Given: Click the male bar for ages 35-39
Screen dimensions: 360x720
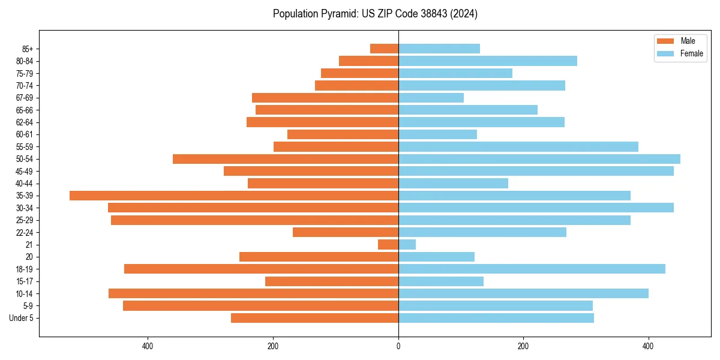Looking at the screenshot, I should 234,196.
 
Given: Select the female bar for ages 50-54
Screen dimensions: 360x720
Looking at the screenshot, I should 539,159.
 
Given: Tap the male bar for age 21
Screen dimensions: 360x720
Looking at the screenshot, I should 388,244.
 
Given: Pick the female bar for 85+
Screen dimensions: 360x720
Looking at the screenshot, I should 439,49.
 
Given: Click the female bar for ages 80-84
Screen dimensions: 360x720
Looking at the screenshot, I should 487,61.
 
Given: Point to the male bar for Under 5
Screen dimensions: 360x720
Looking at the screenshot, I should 314,318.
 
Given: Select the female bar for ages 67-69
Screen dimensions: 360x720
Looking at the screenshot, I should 431,98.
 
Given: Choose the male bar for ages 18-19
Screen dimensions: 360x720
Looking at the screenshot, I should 261,269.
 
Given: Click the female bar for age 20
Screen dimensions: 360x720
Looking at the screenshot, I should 436,257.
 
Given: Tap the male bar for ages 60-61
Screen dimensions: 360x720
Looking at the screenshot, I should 343,134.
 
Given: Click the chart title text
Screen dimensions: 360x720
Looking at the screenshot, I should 375,14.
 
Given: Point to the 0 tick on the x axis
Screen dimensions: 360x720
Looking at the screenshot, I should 398,346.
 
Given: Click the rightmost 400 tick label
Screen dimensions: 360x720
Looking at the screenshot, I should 648,346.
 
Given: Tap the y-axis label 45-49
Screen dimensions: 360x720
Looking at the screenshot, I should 25,171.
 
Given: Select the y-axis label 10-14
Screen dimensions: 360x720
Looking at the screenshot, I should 25,293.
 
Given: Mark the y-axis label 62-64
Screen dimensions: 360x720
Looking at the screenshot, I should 25,122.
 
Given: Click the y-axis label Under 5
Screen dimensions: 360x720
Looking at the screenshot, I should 21,318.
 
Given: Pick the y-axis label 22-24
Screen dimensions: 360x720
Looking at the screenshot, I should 25,232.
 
